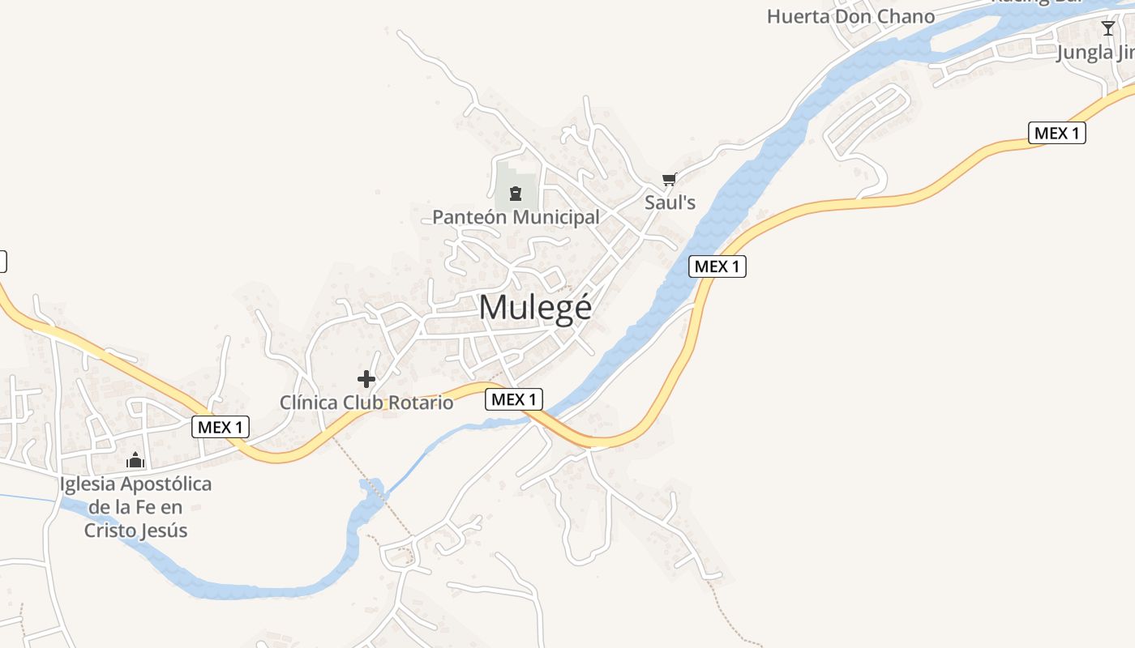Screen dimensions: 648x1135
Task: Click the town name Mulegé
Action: pos(535,308)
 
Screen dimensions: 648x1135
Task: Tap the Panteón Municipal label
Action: pos(516,217)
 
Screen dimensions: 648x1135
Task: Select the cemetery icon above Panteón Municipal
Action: pos(515,194)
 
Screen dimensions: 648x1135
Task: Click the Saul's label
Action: pos(670,202)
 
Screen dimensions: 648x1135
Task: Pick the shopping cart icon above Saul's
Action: pos(669,180)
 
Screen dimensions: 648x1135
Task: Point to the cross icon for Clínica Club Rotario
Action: pos(366,378)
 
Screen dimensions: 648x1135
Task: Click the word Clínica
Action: pos(309,403)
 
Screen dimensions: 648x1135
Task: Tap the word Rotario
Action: pos(423,403)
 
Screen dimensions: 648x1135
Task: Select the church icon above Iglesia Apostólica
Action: pos(135,460)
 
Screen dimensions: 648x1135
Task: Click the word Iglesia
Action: pos(88,484)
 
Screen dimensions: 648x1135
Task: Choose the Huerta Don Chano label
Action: pos(850,16)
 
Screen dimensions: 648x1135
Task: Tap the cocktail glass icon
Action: pos(1108,29)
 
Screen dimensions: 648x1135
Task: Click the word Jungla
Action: pos(1085,53)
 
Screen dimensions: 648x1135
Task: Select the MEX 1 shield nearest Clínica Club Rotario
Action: pos(514,399)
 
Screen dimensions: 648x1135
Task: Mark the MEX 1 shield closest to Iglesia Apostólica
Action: pos(221,427)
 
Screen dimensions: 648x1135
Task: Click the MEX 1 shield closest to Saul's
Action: pos(717,266)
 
